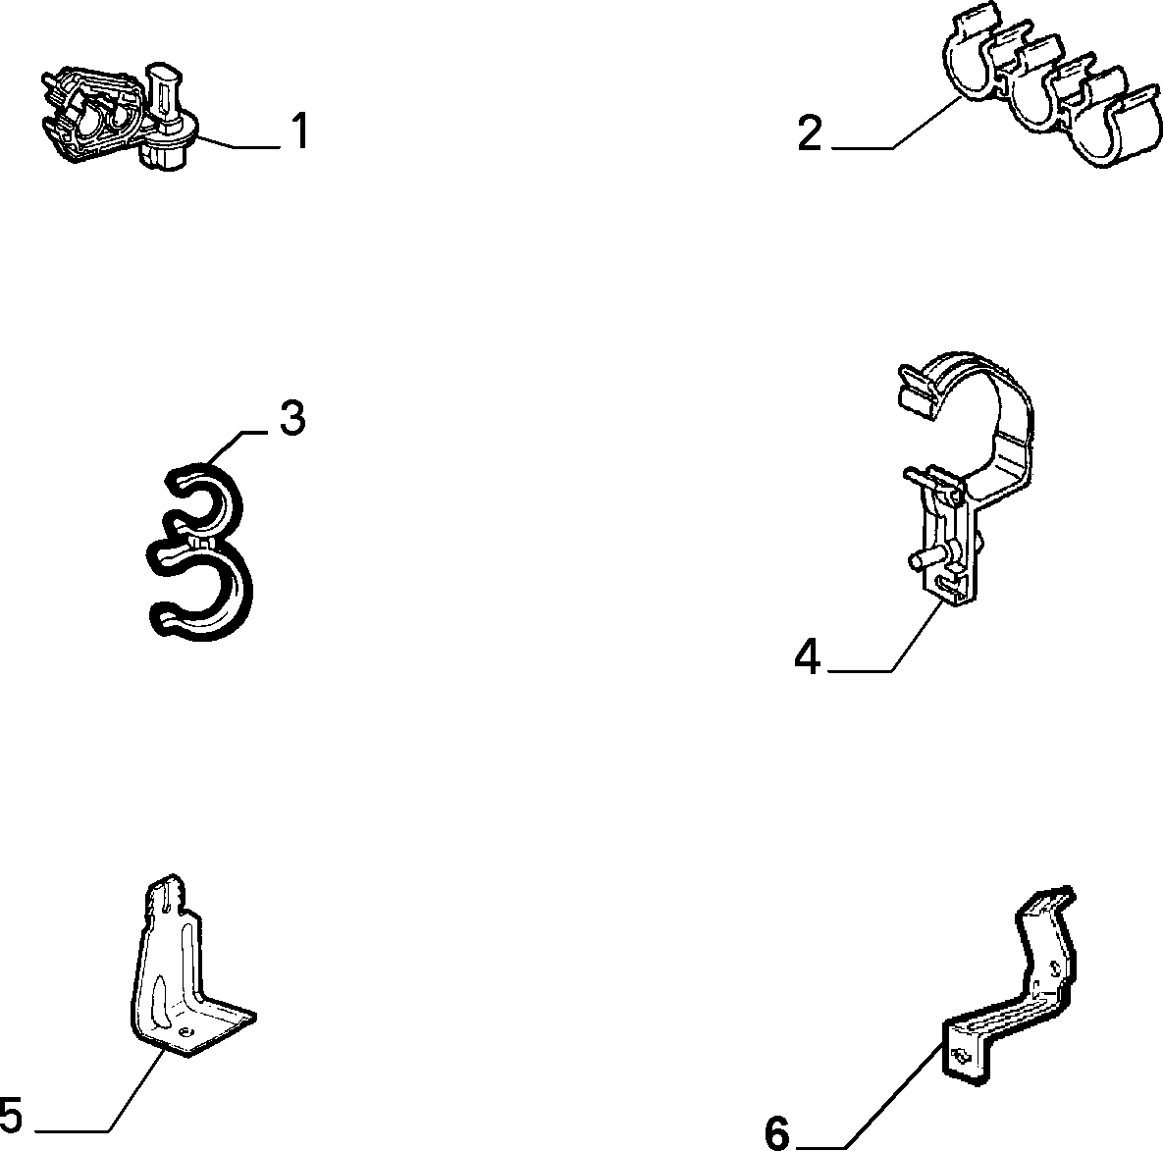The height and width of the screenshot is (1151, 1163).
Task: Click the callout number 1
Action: pyautogui.click(x=298, y=131)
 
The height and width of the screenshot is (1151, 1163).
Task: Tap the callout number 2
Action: pyautogui.click(x=810, y=133)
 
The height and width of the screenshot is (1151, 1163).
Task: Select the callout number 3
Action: pyautogui.click(x=292, y=418)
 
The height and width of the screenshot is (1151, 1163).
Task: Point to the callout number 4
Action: pyautogui.click(x=808, y=656)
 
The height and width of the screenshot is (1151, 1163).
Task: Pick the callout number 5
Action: pyautogui.click(x=11, y=1115)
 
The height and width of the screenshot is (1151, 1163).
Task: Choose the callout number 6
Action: pyautogui.click(x=777, y=1133)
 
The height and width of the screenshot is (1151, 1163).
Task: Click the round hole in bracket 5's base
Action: pyautogui.click(x=186, y=1031)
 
